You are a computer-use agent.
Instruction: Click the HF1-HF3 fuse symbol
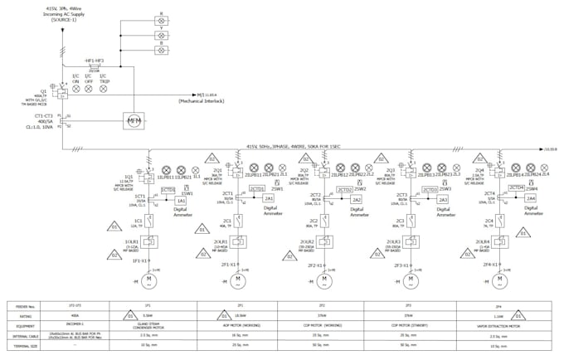(x=94, y=66)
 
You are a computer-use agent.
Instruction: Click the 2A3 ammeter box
(x=443, y=200)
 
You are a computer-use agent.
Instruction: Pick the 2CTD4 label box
(x=517, y=189)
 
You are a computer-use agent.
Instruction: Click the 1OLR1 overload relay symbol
(x=150, y=241)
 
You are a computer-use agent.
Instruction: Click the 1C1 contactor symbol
(x=150, y=221)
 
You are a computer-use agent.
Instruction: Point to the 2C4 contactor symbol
(x=501, y=221)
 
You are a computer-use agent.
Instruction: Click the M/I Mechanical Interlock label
(x=200, y=99)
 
